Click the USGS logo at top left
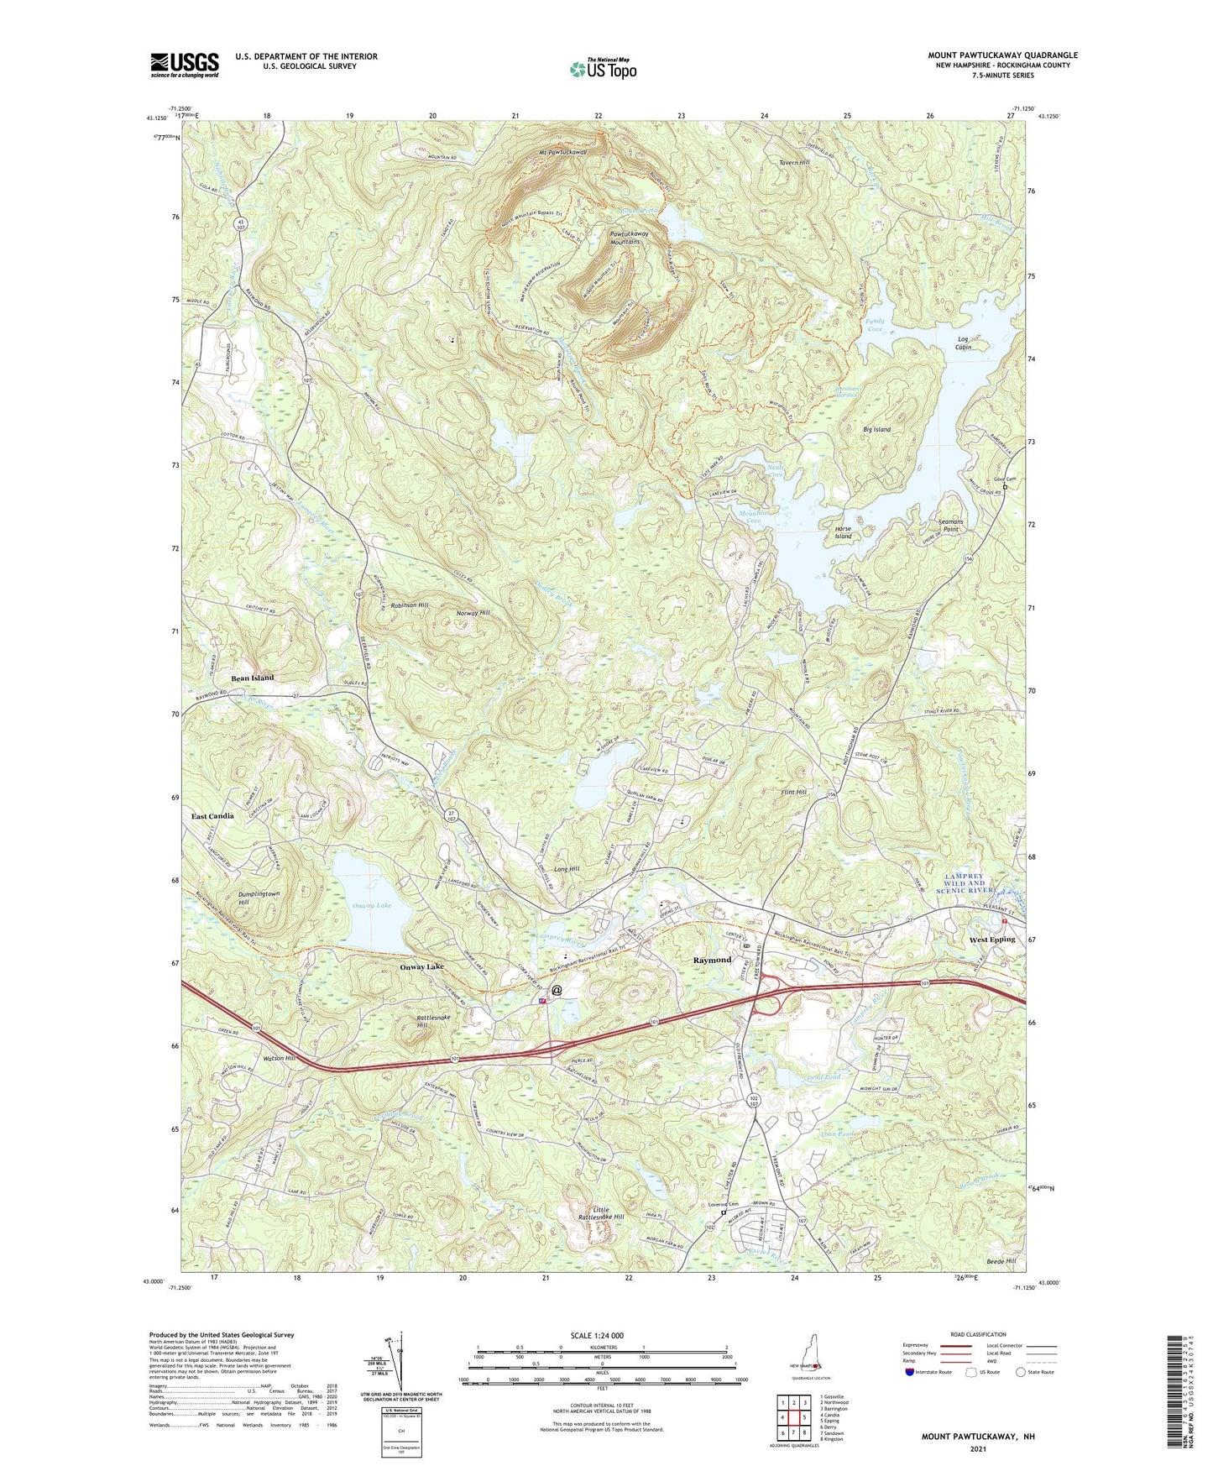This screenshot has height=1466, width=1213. pyautogui.click(x=185, y=64)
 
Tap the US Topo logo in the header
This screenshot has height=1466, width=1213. pyautogui.click(x=602, y=68)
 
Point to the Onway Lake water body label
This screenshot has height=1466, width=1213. pyautogui.click(x=372, y=905)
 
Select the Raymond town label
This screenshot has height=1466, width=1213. pyautogui.click(x=712, y=959)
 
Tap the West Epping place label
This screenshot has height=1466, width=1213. pyautogui.click(x=991, y=939)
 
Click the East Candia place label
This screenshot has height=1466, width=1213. pyautogui.click(x=212, y=816)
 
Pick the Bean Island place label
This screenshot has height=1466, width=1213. pyautogui.click(x=253, y=678)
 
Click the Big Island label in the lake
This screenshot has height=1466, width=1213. pyautogui.click(x=876, y=429)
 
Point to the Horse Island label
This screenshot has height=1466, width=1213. pyautogui.click(x=843, y=532)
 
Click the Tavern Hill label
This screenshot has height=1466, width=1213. pyautogui.click(x=794, y=162)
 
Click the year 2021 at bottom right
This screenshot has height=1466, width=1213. pyautogui.click(x=977, y=1449)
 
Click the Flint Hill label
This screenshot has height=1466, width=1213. pyautogui.click(x=793, y=792)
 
